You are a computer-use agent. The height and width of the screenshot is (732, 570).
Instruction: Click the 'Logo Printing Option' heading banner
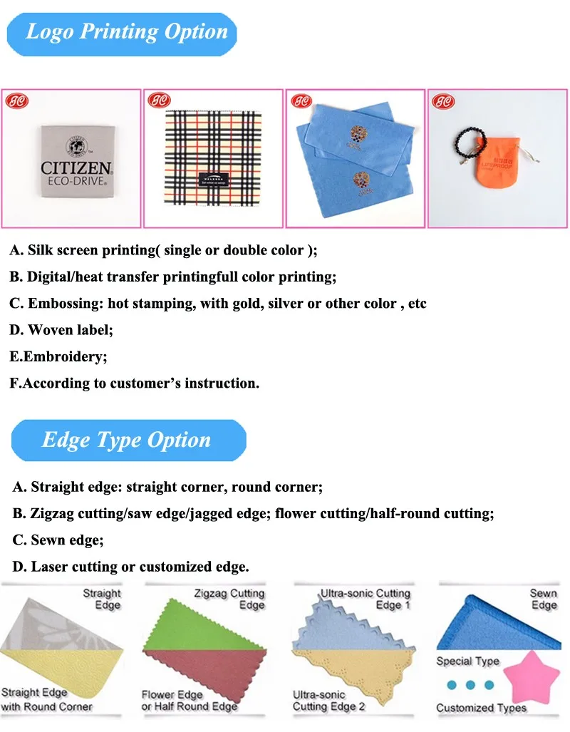click(126, 32)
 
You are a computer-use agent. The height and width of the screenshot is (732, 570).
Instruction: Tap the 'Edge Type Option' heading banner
click(126, 440)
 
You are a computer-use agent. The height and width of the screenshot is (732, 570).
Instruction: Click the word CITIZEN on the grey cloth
click(76, 169)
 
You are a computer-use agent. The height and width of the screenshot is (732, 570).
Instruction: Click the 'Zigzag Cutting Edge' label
click(229, 599)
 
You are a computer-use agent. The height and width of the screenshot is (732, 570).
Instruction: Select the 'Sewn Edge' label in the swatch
click(543, 599)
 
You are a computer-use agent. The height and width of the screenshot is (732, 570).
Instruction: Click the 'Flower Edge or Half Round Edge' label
click(189, 700)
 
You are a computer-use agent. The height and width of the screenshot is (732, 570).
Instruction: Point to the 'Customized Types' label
click(481, 708)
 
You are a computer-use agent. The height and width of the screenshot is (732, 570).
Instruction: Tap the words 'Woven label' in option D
click(70, 330)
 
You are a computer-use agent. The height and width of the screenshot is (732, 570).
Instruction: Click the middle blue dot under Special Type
click(470, 685)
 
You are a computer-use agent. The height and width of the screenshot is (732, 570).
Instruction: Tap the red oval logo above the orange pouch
click(442, 101)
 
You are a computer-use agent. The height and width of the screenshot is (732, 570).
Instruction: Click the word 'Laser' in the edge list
click(48, 567)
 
